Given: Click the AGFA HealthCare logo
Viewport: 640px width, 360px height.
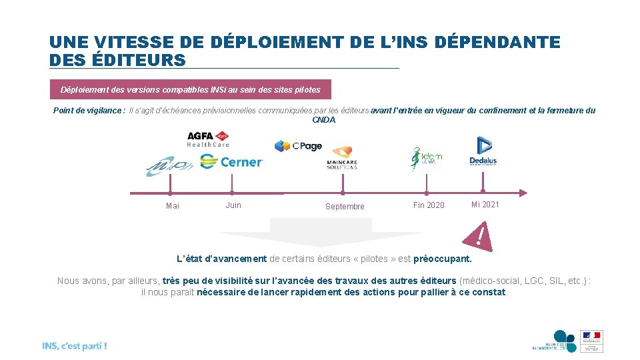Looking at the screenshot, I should [208, 139].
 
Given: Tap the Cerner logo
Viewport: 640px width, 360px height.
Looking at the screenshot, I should [231, 161].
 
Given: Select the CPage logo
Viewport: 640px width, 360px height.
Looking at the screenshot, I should [298, 146].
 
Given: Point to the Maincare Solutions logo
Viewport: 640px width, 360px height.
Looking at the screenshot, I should [341, 157].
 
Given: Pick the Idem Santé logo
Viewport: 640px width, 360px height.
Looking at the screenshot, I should [426, 159].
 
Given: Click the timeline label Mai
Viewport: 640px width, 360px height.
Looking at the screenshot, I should [173, 206].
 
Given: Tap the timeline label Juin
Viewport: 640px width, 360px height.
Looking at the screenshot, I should [233, 205].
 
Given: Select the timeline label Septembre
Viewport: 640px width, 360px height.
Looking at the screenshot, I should [345, 207].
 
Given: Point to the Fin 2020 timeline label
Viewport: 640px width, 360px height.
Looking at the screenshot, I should [429, 205].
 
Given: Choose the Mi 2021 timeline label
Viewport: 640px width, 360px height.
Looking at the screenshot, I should [485, 204].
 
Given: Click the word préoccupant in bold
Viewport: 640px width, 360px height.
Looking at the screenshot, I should [442, 259].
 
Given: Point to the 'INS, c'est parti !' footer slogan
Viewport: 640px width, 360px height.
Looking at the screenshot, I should [74, 346].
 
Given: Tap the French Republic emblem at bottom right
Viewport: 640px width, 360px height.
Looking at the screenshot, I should [591, 341].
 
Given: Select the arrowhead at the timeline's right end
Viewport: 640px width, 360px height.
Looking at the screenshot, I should [523, 193].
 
